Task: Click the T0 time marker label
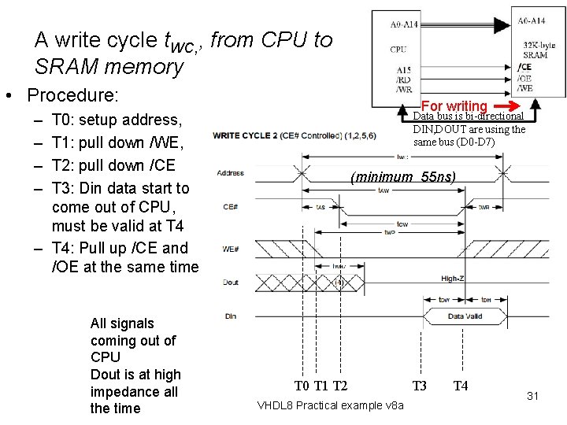302,386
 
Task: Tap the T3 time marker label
420,386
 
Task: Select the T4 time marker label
461,386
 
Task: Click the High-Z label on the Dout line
452,279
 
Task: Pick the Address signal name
230,173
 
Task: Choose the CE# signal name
231,207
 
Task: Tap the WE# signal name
231,249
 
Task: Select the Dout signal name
230,281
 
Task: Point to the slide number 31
532,396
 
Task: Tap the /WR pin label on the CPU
403,89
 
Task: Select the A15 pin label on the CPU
402,70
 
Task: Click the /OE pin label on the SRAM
524,79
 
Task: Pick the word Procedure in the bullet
72,96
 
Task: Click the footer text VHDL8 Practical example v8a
331,405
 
